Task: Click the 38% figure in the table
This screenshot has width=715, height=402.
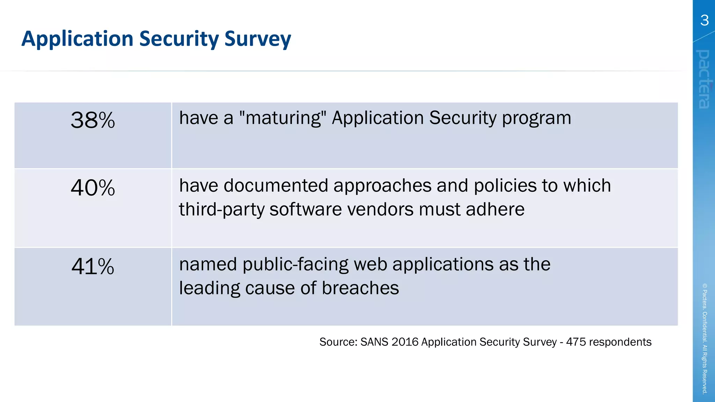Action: (x=93, y=120)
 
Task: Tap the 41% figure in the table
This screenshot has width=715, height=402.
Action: (x=93, y=267)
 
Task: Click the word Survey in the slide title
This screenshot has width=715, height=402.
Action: (x=258, y=39)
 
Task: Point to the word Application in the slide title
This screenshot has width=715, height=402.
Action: (x=77, y=39)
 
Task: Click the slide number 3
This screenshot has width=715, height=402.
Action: (x=705, y=21)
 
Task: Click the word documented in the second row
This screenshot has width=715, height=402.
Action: (x=275, y=186)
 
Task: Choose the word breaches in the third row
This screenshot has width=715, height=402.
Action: (x=360, y=288)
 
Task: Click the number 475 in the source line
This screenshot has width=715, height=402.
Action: (x=576, y=342)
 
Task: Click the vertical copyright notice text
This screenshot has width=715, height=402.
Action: (x=705, y=338)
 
